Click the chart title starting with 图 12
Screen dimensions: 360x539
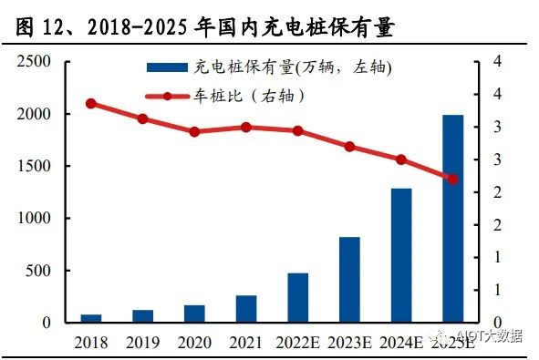tap(205, 27)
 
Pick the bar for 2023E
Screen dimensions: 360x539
tap(349, 280)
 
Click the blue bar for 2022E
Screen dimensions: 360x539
tap(298, 297)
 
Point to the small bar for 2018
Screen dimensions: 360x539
tap(91, 318)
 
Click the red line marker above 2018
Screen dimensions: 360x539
tap(90, 104)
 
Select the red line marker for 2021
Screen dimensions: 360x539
tap(246, 127)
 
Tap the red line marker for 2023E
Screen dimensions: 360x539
tap(349, 147)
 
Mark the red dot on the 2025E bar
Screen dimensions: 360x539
tap(453, 179)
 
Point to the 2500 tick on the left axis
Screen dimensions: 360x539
tap(35, 61)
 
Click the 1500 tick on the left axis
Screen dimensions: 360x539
tap(35, 166)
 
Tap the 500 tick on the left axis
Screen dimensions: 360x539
tap(39, 271)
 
